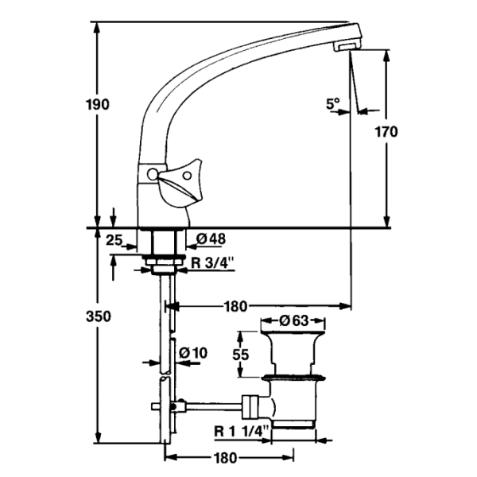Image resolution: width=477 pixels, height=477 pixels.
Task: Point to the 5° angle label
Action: (x=332, y=103)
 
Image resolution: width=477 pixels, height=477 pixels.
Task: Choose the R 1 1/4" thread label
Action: (x=242, y=432)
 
